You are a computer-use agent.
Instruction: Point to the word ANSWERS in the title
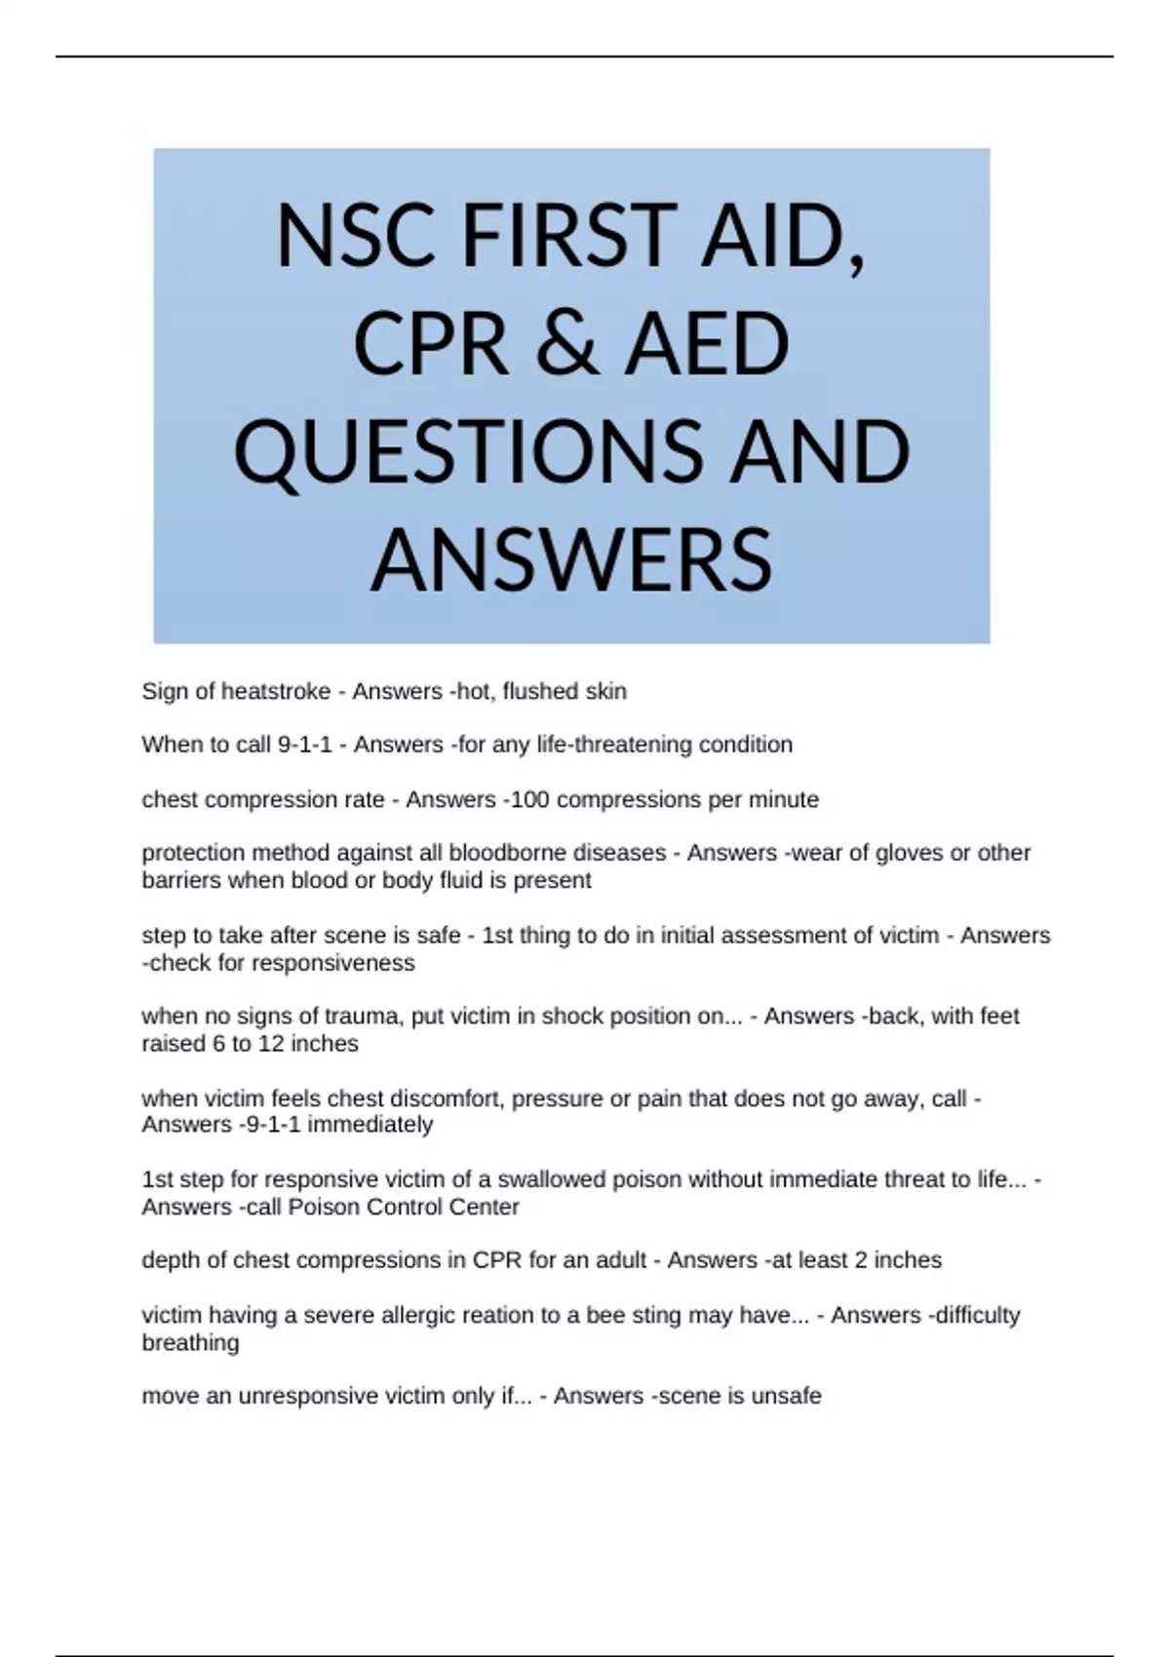coord(571,559)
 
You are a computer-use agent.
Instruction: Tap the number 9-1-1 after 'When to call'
coord(305,745)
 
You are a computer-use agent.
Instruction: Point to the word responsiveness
coord(333,963)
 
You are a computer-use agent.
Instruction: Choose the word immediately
coord(370,1125)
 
